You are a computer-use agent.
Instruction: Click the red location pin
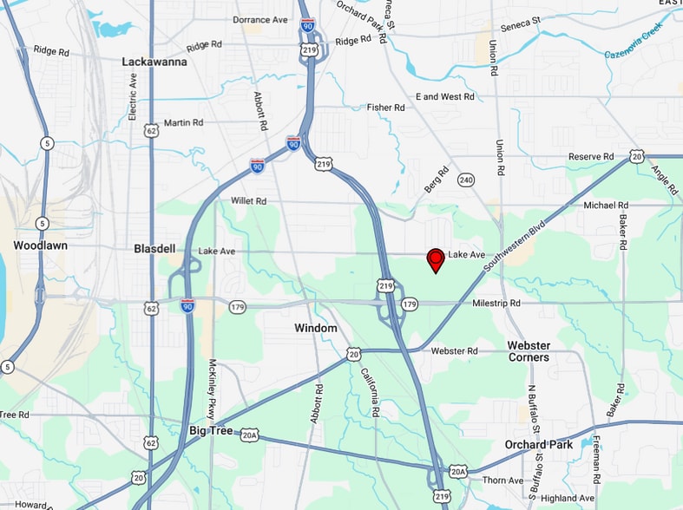pyautogui.click(x=436, y=258)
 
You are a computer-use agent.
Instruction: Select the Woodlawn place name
pyautogui.click(x=40, y=245)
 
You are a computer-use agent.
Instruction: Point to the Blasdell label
pyautogui.click(x=155, y=248)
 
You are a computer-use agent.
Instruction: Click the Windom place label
pyautogui.click(x=315, y=328)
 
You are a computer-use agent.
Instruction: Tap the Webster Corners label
pyautogui.click(x=529, y=351)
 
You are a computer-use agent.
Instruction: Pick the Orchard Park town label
pyautogui.click(x=539, y=444)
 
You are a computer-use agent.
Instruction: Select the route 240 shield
pyautogui.click(x=467, y=180)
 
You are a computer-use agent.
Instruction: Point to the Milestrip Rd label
pyautogui.click(x=496, y=304)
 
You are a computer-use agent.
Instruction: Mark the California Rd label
pyautogui.click(x=370, y=392)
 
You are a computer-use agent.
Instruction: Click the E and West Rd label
pyautogui.click(x=445, y=96)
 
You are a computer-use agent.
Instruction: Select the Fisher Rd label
pyautogui.click(x=385, y=108)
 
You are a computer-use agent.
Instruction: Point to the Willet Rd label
pyautogui.click(x=248, y=200)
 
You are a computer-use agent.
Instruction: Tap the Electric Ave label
pyautogui.click(x=133, y=95)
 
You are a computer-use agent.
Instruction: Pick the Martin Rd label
pyautogui.click(x=182, y=123)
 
